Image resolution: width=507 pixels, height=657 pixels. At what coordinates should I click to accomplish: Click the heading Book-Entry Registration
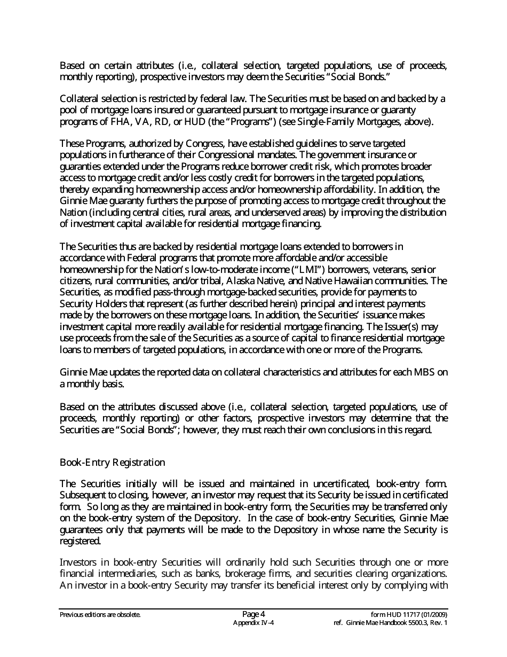(112, 462)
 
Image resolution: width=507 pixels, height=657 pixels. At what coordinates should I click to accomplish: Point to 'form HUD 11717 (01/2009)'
(409, 614)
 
